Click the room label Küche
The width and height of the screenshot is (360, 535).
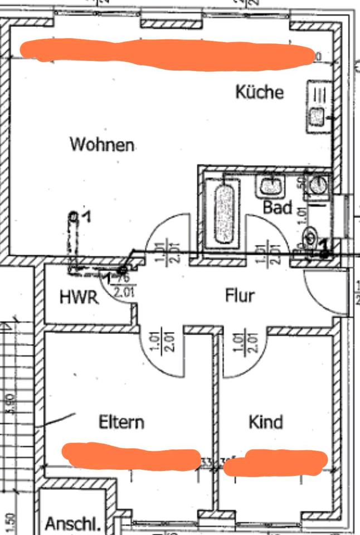coord(259,92)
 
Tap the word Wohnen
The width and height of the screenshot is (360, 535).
coord(102,145)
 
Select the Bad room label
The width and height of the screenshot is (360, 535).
coord(278,208)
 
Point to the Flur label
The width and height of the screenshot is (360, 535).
coord(240,295)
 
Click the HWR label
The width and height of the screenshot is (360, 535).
coord(79,297)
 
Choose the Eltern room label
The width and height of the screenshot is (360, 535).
coord(121,422)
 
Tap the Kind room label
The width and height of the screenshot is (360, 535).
coord(265,422)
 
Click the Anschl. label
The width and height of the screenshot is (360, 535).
coord(74,524)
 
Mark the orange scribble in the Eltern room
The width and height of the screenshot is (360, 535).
coord(131,455)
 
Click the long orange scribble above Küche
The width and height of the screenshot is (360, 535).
coord(167,53)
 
